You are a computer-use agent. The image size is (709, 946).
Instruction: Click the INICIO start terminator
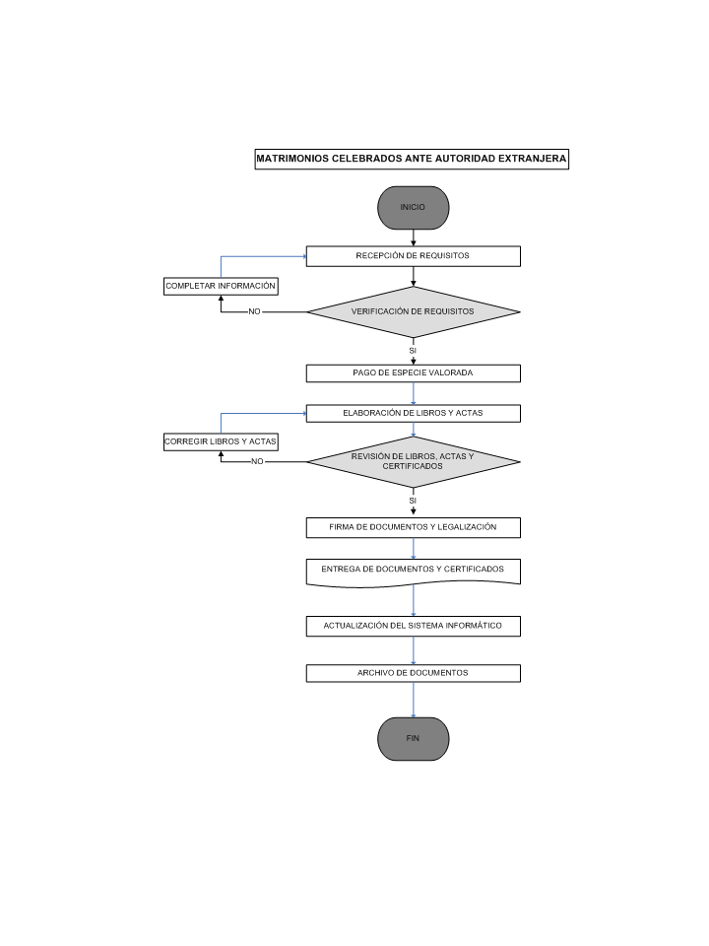[x=413, y=208]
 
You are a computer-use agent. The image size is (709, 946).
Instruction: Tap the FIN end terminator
[x=413, y=738]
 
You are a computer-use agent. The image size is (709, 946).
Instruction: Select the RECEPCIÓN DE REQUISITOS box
[x=413, y=256]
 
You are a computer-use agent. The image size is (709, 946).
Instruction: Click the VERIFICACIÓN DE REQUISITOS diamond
[x=413, y=312]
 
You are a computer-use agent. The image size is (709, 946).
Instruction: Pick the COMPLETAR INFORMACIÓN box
[x=221, y=286]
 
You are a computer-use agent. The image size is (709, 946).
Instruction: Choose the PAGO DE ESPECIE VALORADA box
[x=413, y=372]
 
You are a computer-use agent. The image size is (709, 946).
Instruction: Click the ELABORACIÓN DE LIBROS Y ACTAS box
[x=413, y=413]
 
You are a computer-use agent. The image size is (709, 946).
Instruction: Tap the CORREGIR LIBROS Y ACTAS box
[x=221, y=441]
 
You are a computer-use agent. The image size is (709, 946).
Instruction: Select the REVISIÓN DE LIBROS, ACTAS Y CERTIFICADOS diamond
[x=413, y=461]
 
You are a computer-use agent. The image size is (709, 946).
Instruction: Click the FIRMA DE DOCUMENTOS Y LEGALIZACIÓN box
[x=413, y=527]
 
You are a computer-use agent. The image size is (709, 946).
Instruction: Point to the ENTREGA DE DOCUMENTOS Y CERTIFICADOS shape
[x=413, y=573]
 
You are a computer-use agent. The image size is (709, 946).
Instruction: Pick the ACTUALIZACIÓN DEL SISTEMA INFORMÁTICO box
[x=413, y=627]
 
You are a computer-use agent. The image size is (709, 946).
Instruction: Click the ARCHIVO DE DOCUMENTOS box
[x=413, y=673]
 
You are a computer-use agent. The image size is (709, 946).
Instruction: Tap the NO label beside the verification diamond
[x=254, y=312]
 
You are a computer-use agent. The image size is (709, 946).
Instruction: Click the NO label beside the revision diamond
[x=257, y=461]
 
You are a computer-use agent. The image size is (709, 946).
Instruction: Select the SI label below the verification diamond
[x=413, y=351]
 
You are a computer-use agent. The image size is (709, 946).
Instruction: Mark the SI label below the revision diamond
[x=413, y=501]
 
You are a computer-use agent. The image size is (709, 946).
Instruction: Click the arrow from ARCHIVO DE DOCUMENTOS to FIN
[x=413, y=700]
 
